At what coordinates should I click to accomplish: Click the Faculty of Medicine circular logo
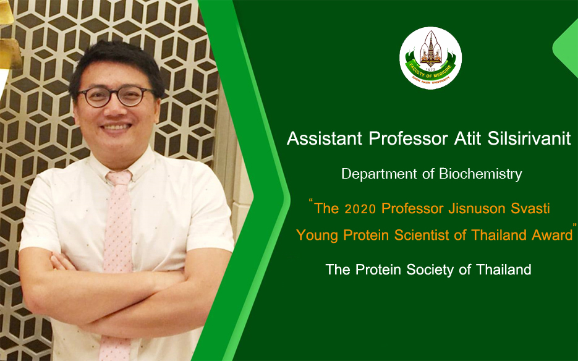pyautogui.click(x=430, y=58)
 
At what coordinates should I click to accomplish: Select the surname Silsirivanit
pyautogui.click(x=529, y=138)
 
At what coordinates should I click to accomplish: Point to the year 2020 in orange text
pyautogui.click(x=360, y=209)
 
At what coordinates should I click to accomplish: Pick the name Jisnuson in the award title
pyautogui.click(x=477, y=209)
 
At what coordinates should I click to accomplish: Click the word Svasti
pyautogui.click(x=530, y=208)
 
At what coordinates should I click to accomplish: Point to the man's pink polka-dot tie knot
pyautogui.click(x=119, y=179)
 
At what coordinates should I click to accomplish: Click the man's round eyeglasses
pyautogui.click(x=115, y=96)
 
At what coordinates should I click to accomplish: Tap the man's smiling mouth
pyautogui.click(x=116, y=127)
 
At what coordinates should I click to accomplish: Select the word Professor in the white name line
pyautogui.click(x=408, y=138)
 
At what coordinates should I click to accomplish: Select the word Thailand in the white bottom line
pyautogui.click(x=504, y=270)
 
